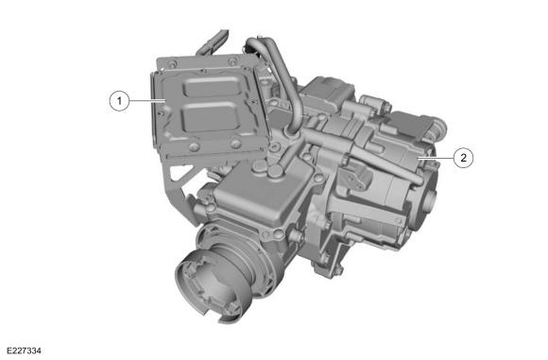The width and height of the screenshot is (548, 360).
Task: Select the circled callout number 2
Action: click(x=462, y=158)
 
